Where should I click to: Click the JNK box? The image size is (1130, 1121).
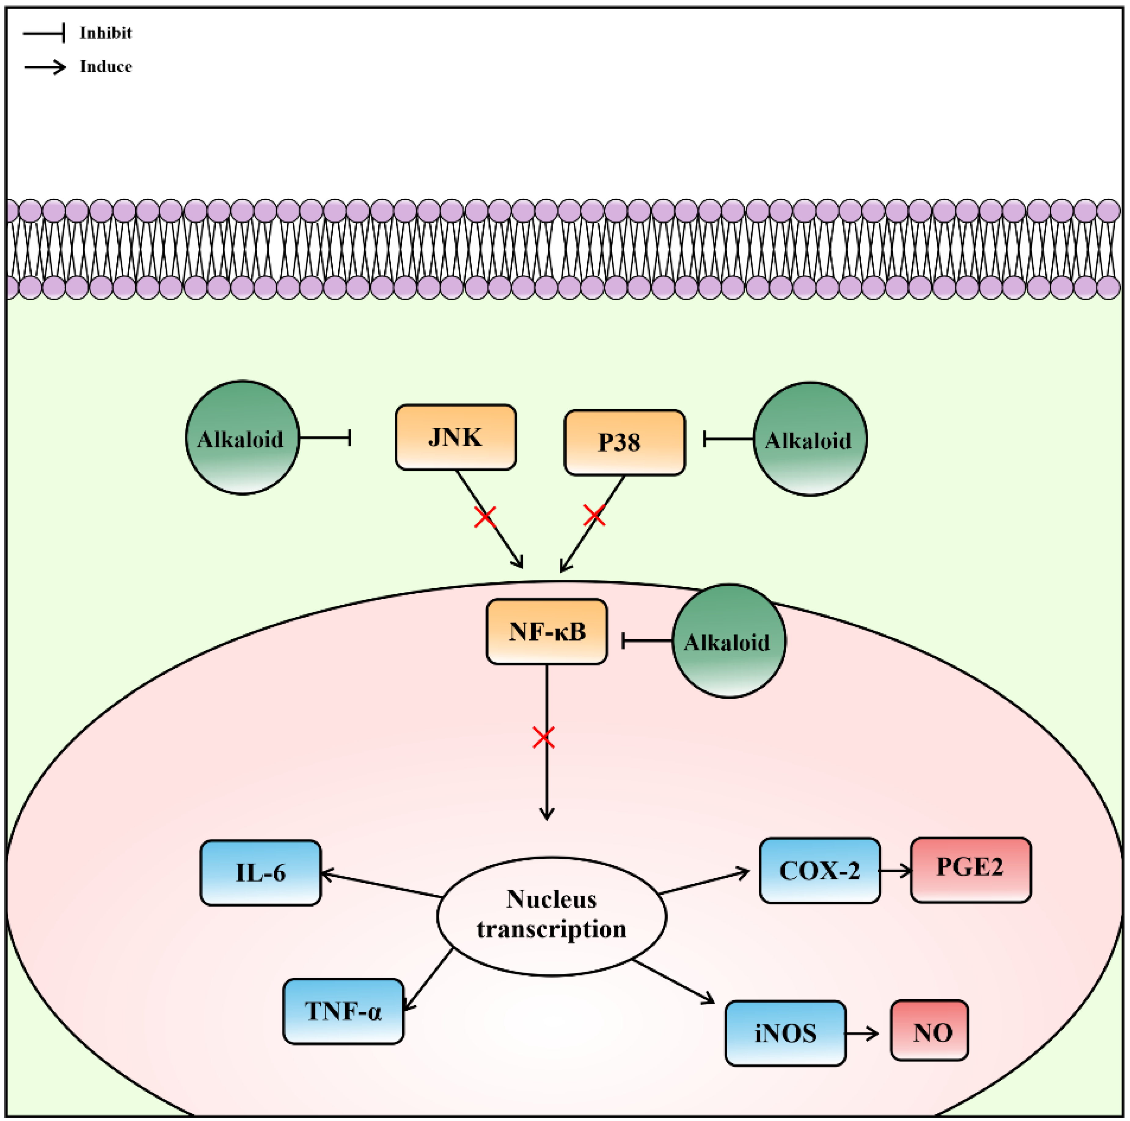coord(455,437)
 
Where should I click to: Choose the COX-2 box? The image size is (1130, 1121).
coord(819,870)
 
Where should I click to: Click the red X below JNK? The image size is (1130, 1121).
coord(485,516)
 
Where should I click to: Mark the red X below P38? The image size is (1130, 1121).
coord(594,515)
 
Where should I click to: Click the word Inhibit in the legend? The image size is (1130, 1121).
coord(106,33)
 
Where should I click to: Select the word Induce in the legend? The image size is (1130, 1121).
coord(106,67)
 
